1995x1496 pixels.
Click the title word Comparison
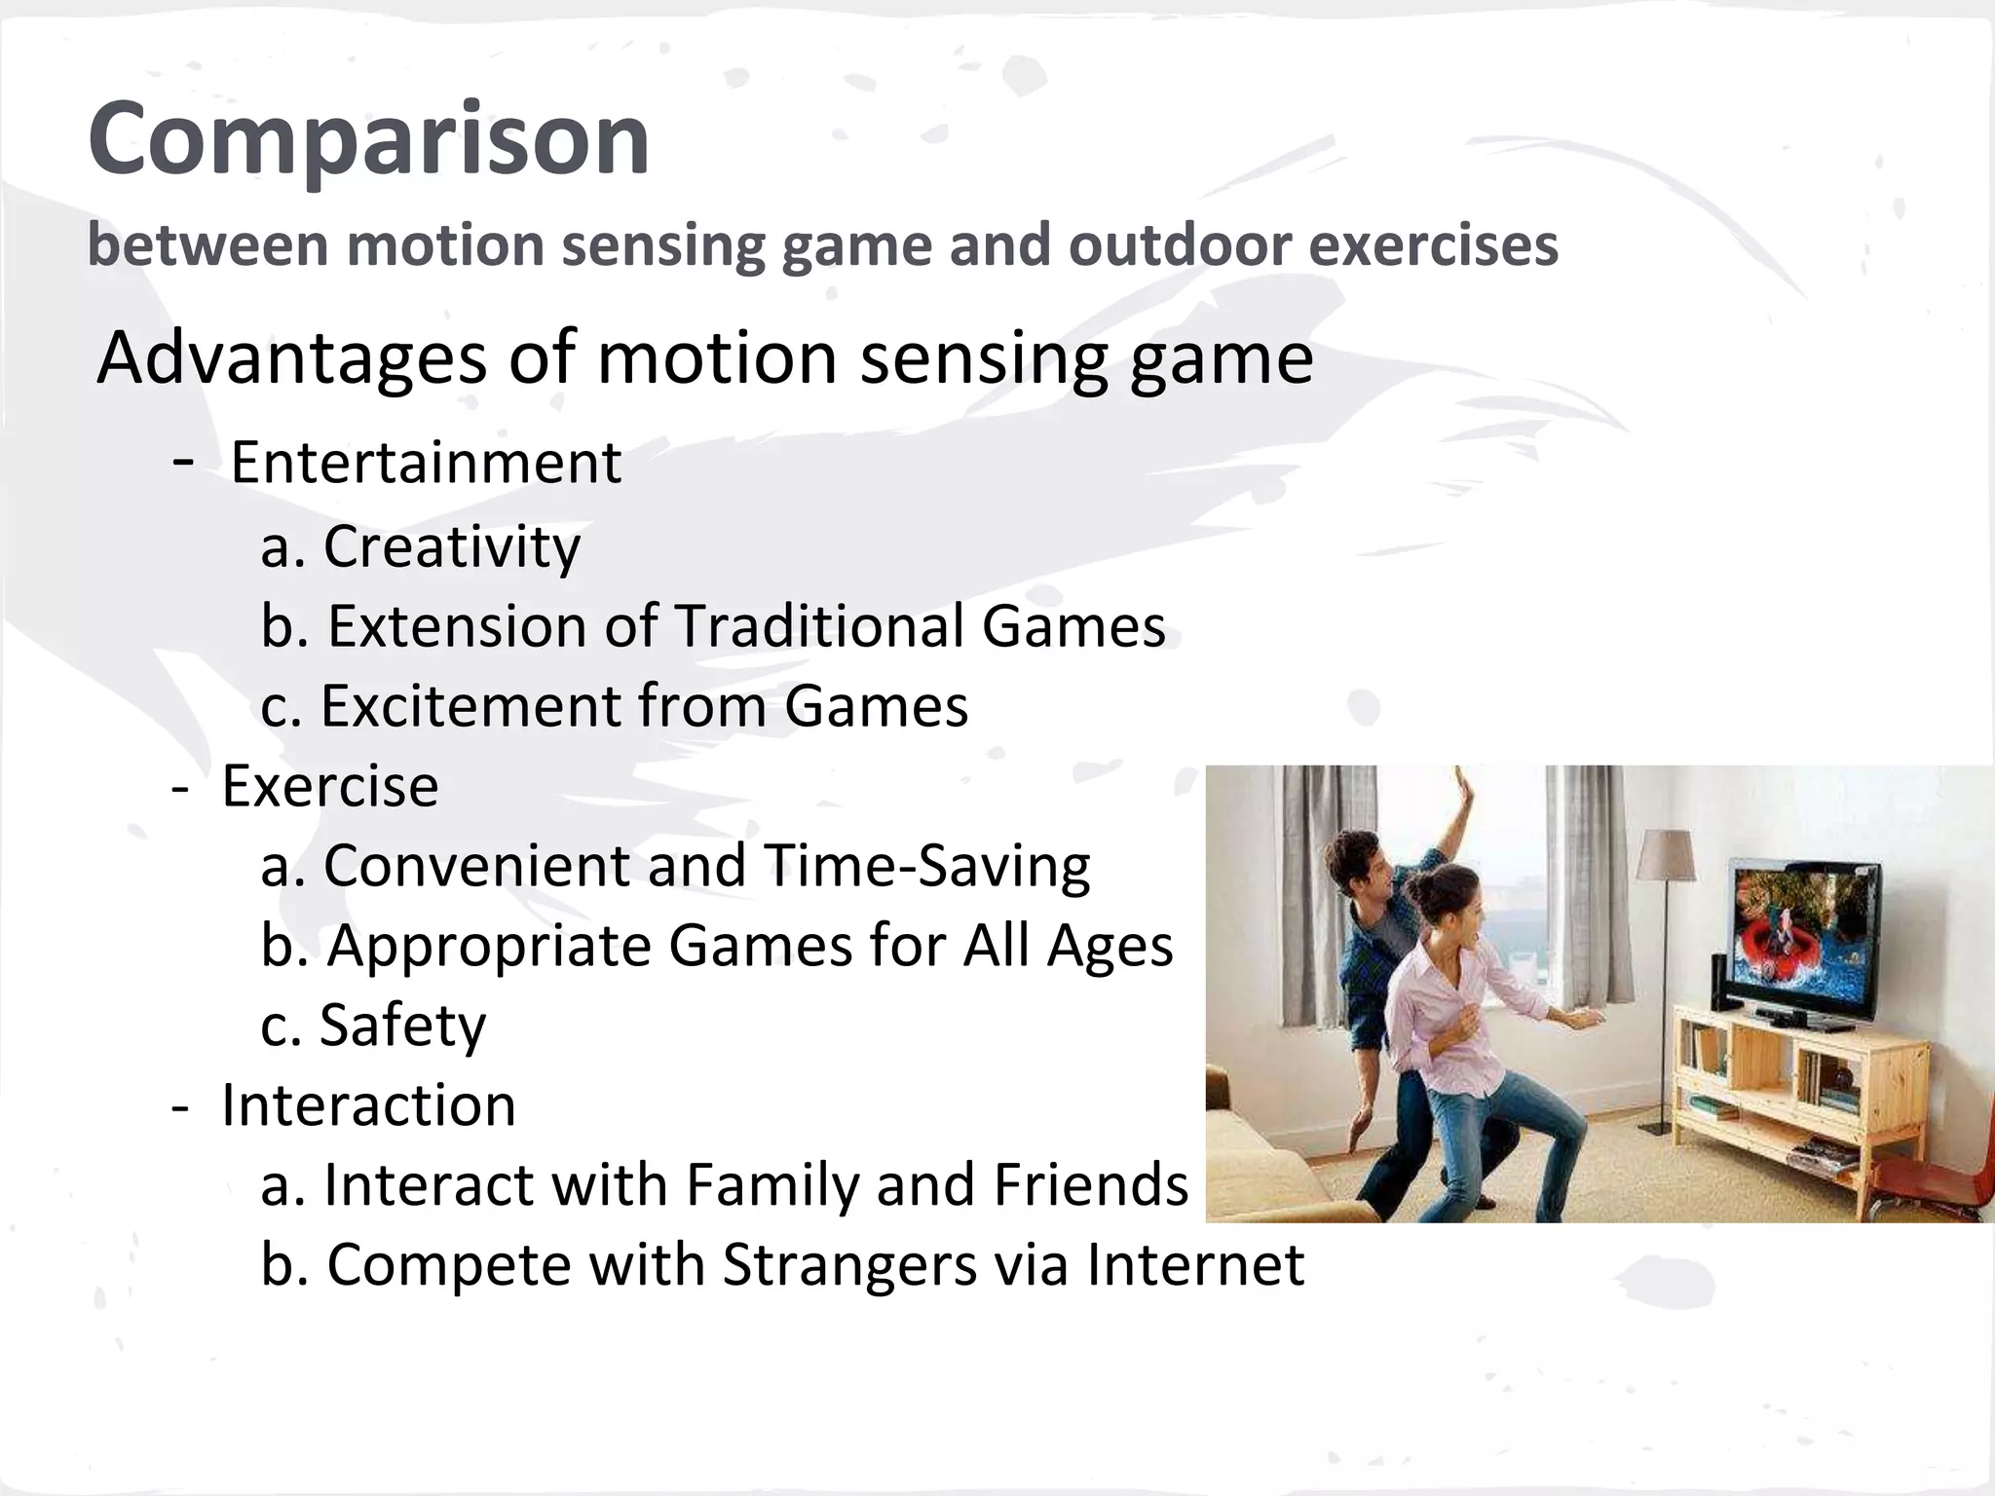click(368, 140)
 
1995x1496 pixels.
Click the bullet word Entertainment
click(426, 463)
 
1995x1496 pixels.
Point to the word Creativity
click(451, 546)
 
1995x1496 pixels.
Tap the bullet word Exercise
click(329, 786)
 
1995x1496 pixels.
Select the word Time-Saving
click(925, 866)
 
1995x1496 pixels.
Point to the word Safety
click(401, 1026)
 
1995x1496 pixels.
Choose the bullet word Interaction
click(368, 1105)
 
